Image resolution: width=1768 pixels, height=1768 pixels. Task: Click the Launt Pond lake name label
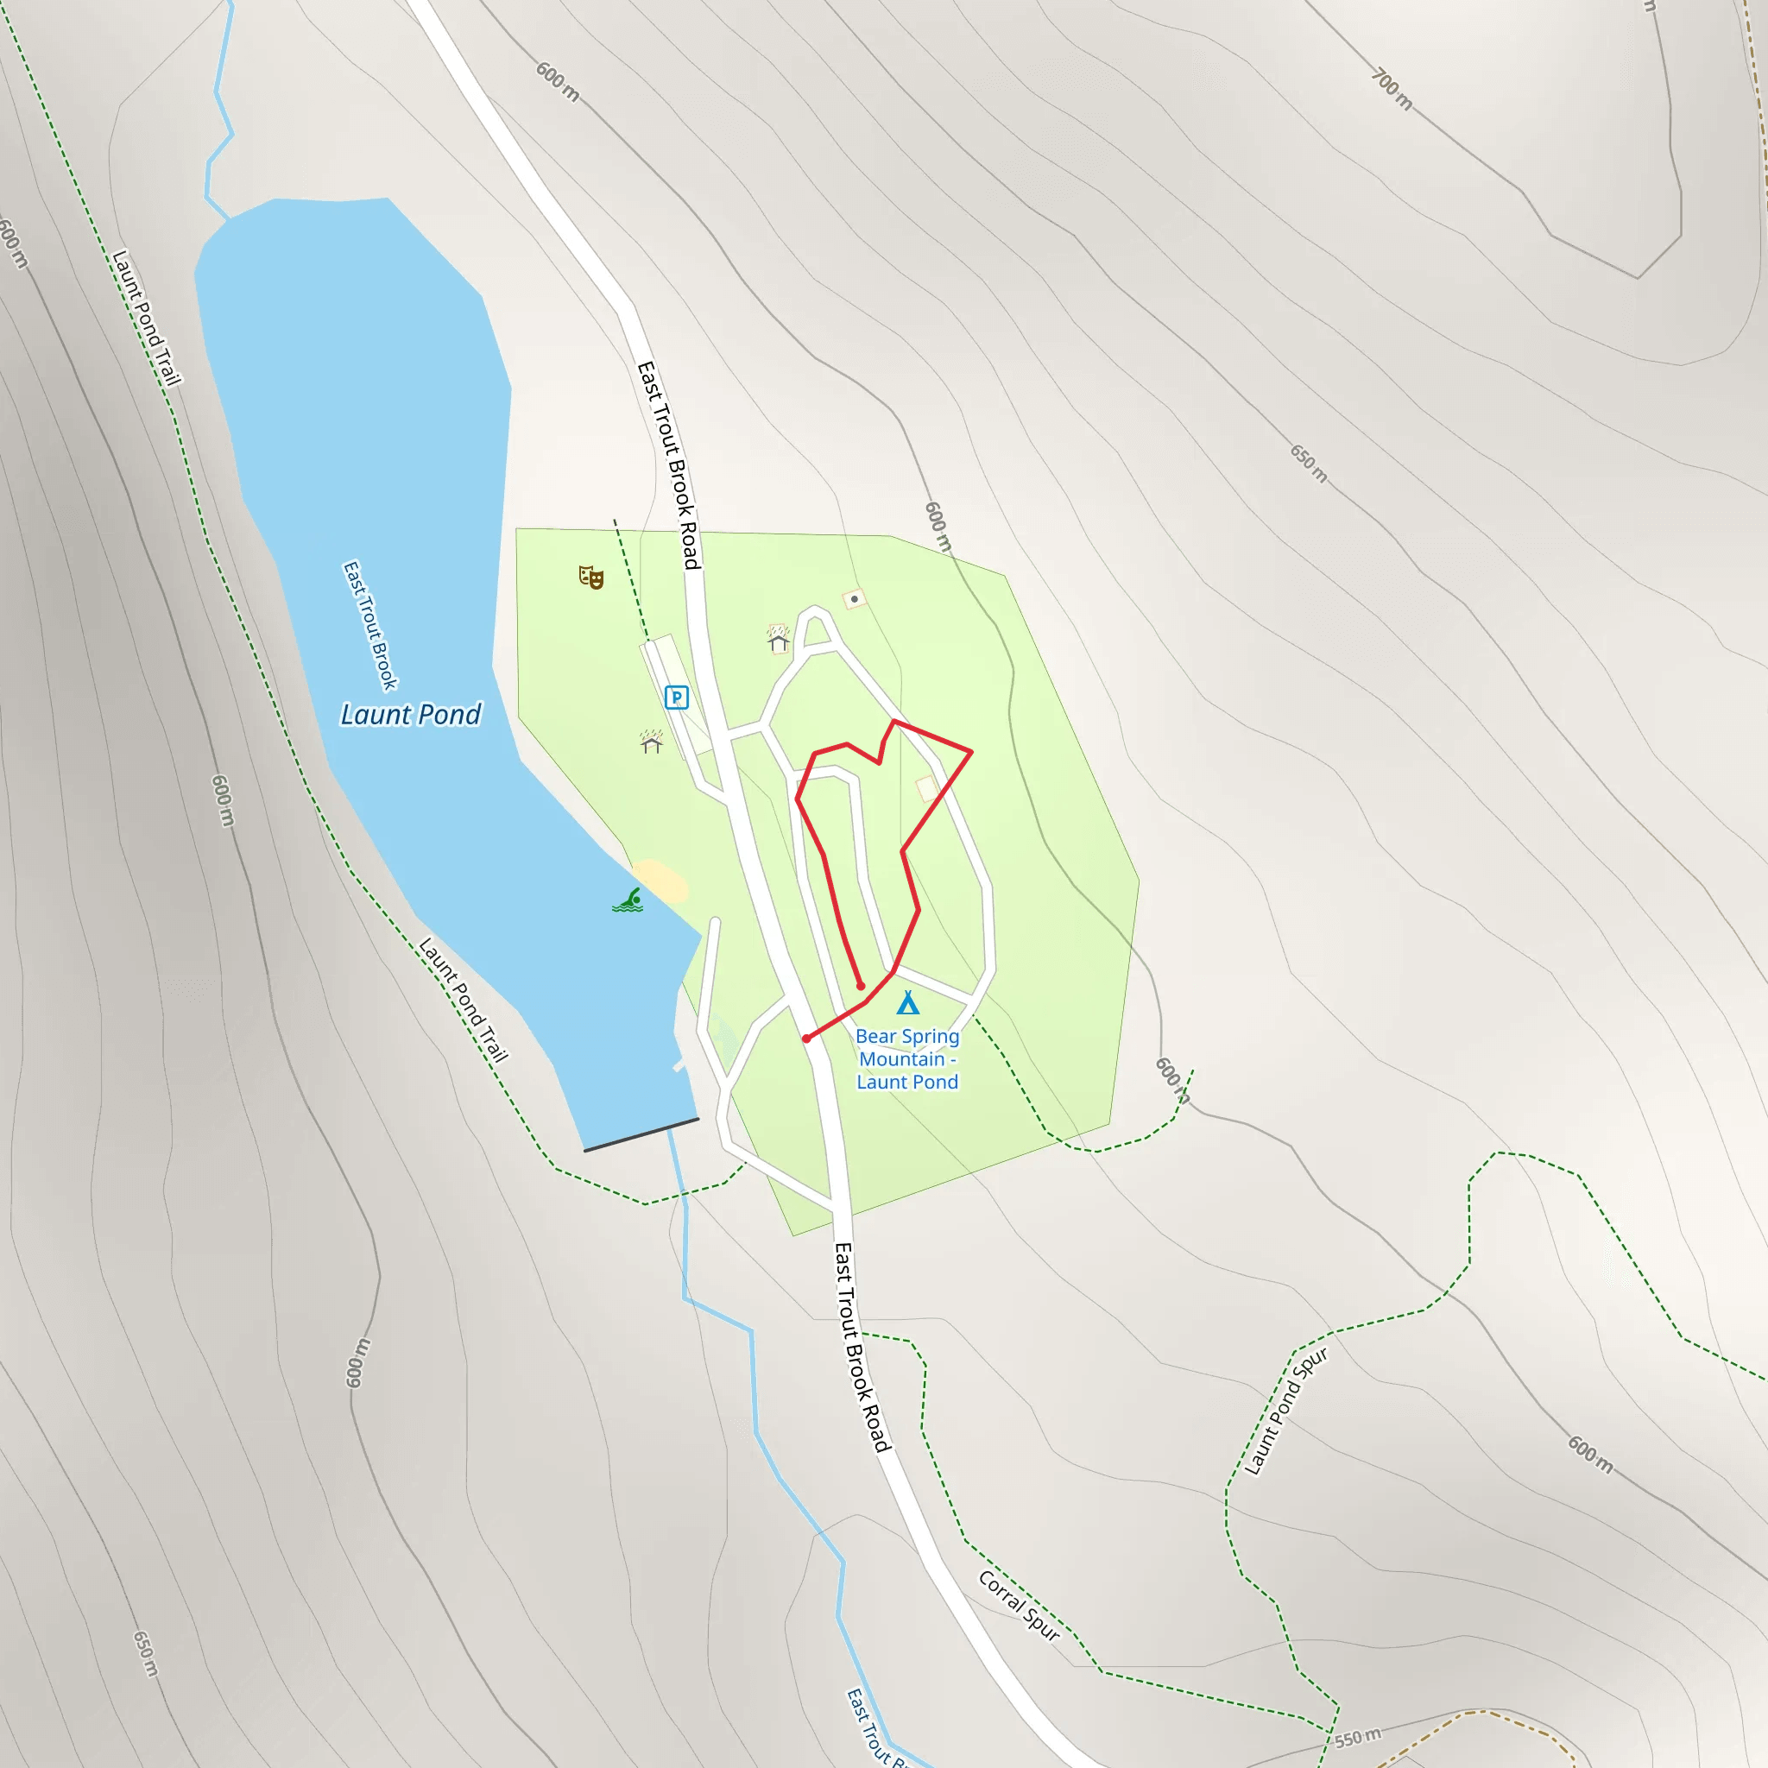click(410, 715)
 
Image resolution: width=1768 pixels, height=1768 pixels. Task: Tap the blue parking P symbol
click(676, 698)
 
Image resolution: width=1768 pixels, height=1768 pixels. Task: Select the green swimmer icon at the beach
click(628, 900)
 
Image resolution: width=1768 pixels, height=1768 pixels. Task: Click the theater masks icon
click(591, 577)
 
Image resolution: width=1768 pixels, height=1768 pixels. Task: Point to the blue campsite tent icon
click(908, 1003)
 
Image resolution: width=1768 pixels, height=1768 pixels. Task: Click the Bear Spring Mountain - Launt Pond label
click(907, 1058)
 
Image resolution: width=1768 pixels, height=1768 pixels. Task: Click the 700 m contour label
click(1392, 90)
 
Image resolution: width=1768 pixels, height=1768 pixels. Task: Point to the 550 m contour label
click(1357, 1737)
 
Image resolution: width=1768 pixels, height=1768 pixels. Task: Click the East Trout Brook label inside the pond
click(369, 626)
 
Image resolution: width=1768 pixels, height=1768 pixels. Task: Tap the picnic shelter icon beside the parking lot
click(652, 742)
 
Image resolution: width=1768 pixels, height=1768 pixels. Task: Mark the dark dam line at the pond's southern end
click(641, 1134)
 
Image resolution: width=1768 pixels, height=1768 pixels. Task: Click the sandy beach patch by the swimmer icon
click(659, 881)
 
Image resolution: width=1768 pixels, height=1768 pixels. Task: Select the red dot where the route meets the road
click(806, 1039)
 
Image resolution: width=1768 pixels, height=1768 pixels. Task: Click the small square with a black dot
click(855, 599)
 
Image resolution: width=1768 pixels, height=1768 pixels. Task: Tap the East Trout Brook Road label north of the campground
click(669, 465)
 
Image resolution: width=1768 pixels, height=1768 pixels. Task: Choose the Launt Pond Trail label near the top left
click(147, 318)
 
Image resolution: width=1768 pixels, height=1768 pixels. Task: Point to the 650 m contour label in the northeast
click(1309, 463)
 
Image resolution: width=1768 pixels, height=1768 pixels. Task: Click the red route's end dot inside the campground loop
click(860, 986)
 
